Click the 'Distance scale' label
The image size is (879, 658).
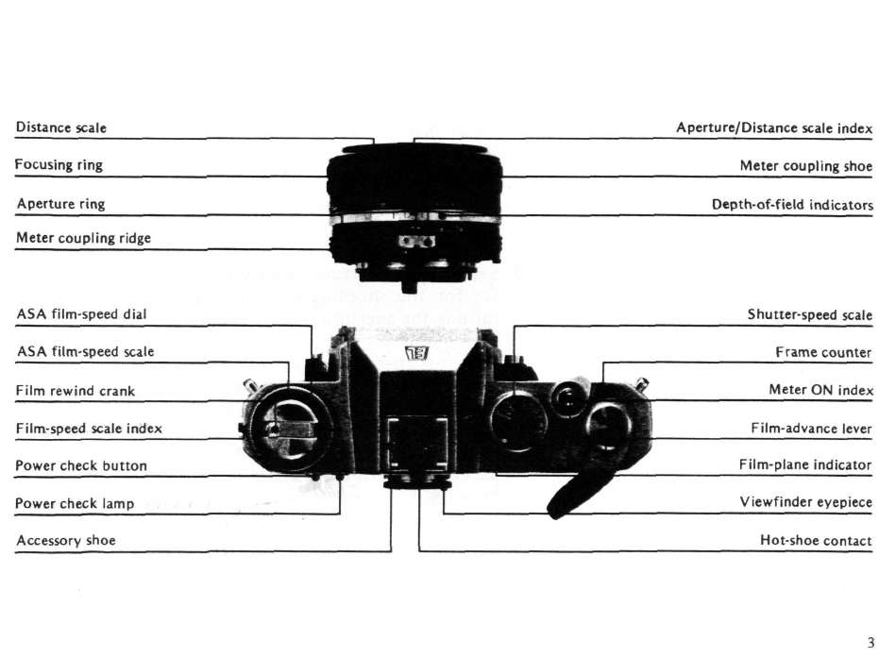[x=61, y=127]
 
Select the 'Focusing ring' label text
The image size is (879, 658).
[x=59, y=165]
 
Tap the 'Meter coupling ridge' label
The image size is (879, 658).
[x=83, y=238]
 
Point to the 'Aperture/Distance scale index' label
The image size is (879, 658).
[x=774, y=127]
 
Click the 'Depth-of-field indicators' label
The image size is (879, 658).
[x=792, y=205]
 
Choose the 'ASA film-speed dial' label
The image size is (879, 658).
[x=81, y=313]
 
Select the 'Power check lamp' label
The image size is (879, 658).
[x=75, y=503]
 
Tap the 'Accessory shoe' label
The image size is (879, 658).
[x=66, y=541]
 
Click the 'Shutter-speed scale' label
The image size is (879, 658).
[x=809, y=315]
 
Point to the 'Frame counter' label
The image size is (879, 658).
[x=824, y=352]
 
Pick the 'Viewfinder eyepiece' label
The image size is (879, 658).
[x=805, y=503]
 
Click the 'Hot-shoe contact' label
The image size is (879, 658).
[x=816, y=541]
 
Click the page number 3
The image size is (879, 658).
[x=870, y=643]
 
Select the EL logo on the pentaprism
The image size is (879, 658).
[x=415, y=356]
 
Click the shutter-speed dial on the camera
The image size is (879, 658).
[x=518, y=417]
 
